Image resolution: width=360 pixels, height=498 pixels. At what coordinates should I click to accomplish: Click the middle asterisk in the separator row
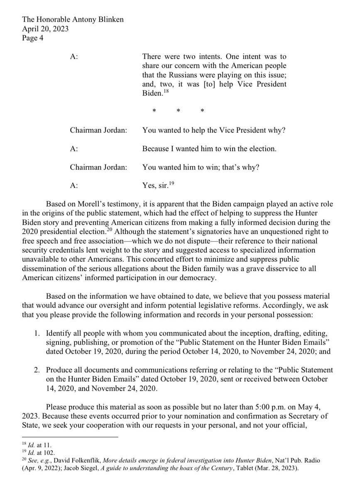click(178, 112)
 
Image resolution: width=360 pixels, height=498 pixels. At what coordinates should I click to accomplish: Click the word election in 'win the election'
click(251, 148)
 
